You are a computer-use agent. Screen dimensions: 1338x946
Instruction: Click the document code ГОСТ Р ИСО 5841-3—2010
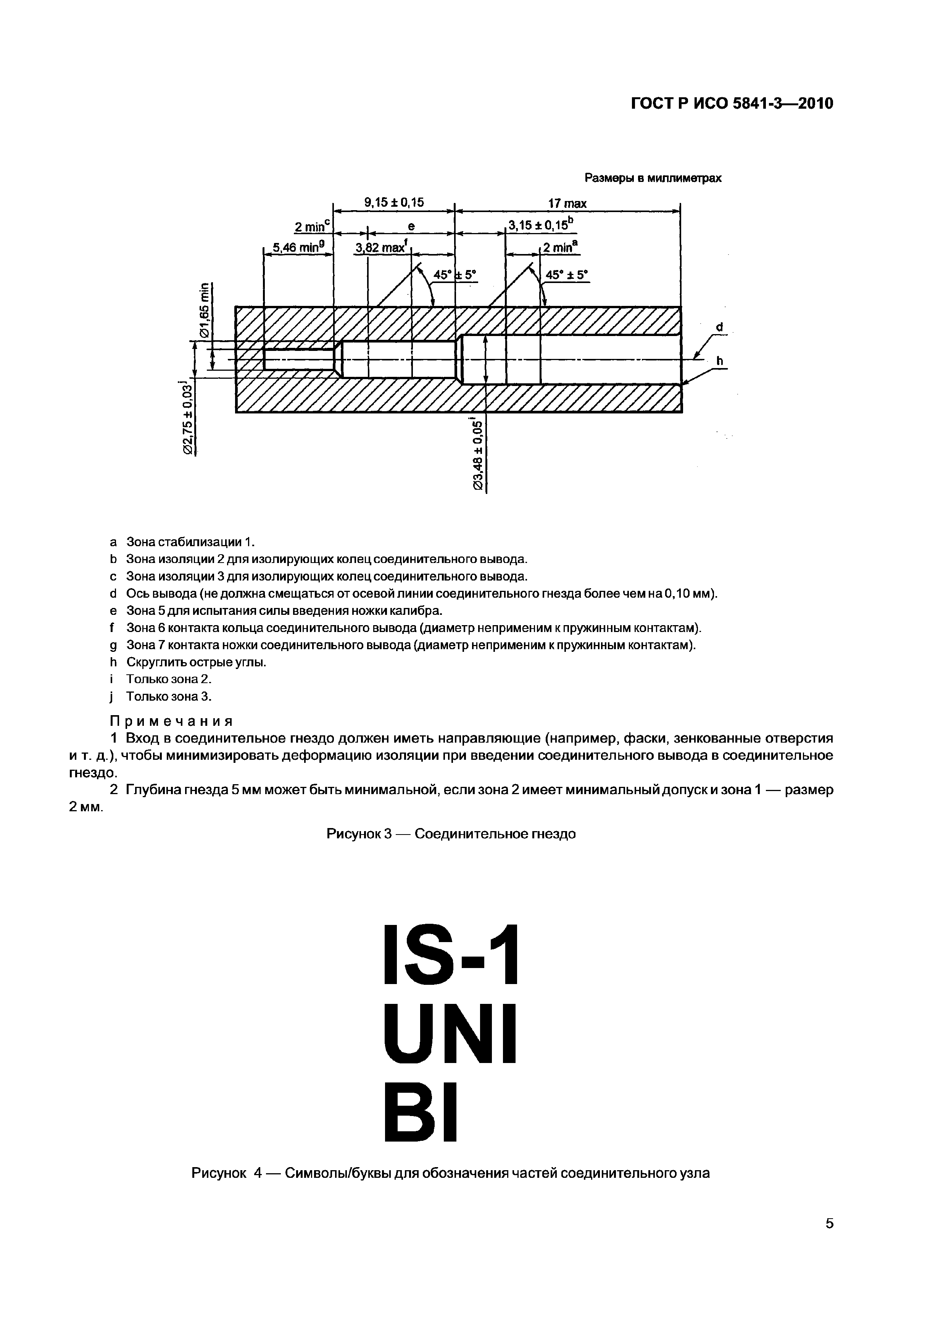pyautogui.click(x=732, y=104)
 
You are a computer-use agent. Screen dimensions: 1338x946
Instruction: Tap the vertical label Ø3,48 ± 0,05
pyautogui.click(x=478, y=455)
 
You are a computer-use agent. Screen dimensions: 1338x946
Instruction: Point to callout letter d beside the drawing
pyautogui.click(x=719, y=328)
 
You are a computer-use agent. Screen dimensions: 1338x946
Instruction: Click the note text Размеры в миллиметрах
pyautogui.click(x=653, y=179)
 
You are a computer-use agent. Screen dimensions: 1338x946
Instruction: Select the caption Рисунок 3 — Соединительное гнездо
pyautogui.click(x=451, y=834)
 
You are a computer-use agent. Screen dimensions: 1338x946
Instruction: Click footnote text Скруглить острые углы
pyautogui.click(x=197, y=663)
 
